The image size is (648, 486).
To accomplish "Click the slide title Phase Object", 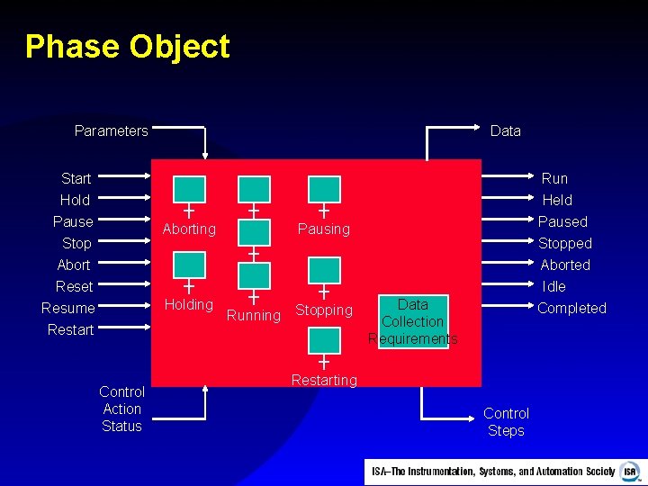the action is point(128,47).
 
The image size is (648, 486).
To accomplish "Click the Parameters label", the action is point(111,131).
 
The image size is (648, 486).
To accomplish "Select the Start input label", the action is point(76,178).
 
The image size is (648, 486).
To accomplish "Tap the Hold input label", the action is point(75,200).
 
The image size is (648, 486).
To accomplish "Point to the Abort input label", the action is point(74,265).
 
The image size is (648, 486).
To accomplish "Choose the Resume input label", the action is point(68,308).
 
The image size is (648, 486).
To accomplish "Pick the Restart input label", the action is point(70,329).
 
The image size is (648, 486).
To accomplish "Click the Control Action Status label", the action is point(121,409).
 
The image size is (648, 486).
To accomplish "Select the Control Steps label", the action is point(506,421).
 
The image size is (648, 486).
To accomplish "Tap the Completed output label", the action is point(571,308).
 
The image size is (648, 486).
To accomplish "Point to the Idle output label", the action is point(554,286).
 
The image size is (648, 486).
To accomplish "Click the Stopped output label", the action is point(565,243).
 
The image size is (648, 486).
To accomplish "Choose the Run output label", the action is point(554,178).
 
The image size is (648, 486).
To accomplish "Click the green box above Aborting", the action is point(189,189).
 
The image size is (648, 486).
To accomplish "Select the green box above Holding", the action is point(189,265).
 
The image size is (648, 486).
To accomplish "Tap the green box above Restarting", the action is point(324,340).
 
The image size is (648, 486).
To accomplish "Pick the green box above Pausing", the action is point(324,189).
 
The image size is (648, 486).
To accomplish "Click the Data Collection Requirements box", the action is point(413,321).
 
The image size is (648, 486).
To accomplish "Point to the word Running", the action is point(254,316).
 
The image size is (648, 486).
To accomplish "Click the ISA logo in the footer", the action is point(630,471).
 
